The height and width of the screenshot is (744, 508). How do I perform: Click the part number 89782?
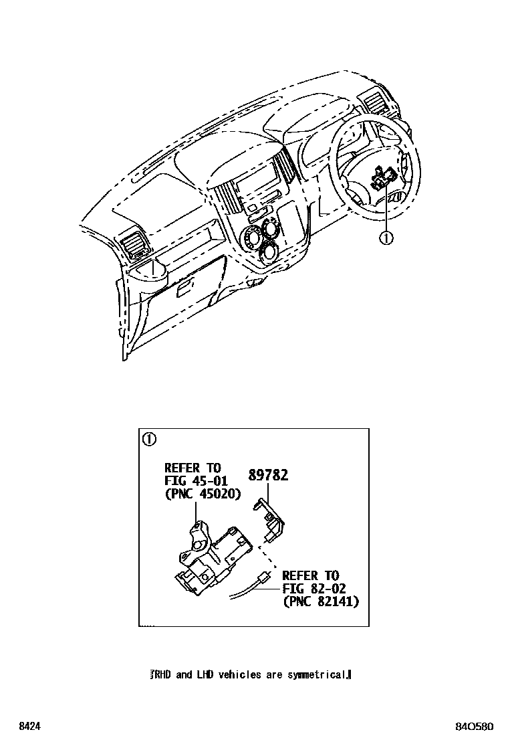click(268, 475)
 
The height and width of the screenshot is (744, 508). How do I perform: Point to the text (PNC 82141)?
click(320, 601)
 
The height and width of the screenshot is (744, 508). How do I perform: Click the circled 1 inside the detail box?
click(149, 439)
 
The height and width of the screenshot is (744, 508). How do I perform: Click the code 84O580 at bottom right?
click(475, 726)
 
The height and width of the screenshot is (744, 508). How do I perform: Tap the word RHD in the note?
click(163, 674)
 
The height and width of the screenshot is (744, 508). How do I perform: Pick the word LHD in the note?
click(204, 674)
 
